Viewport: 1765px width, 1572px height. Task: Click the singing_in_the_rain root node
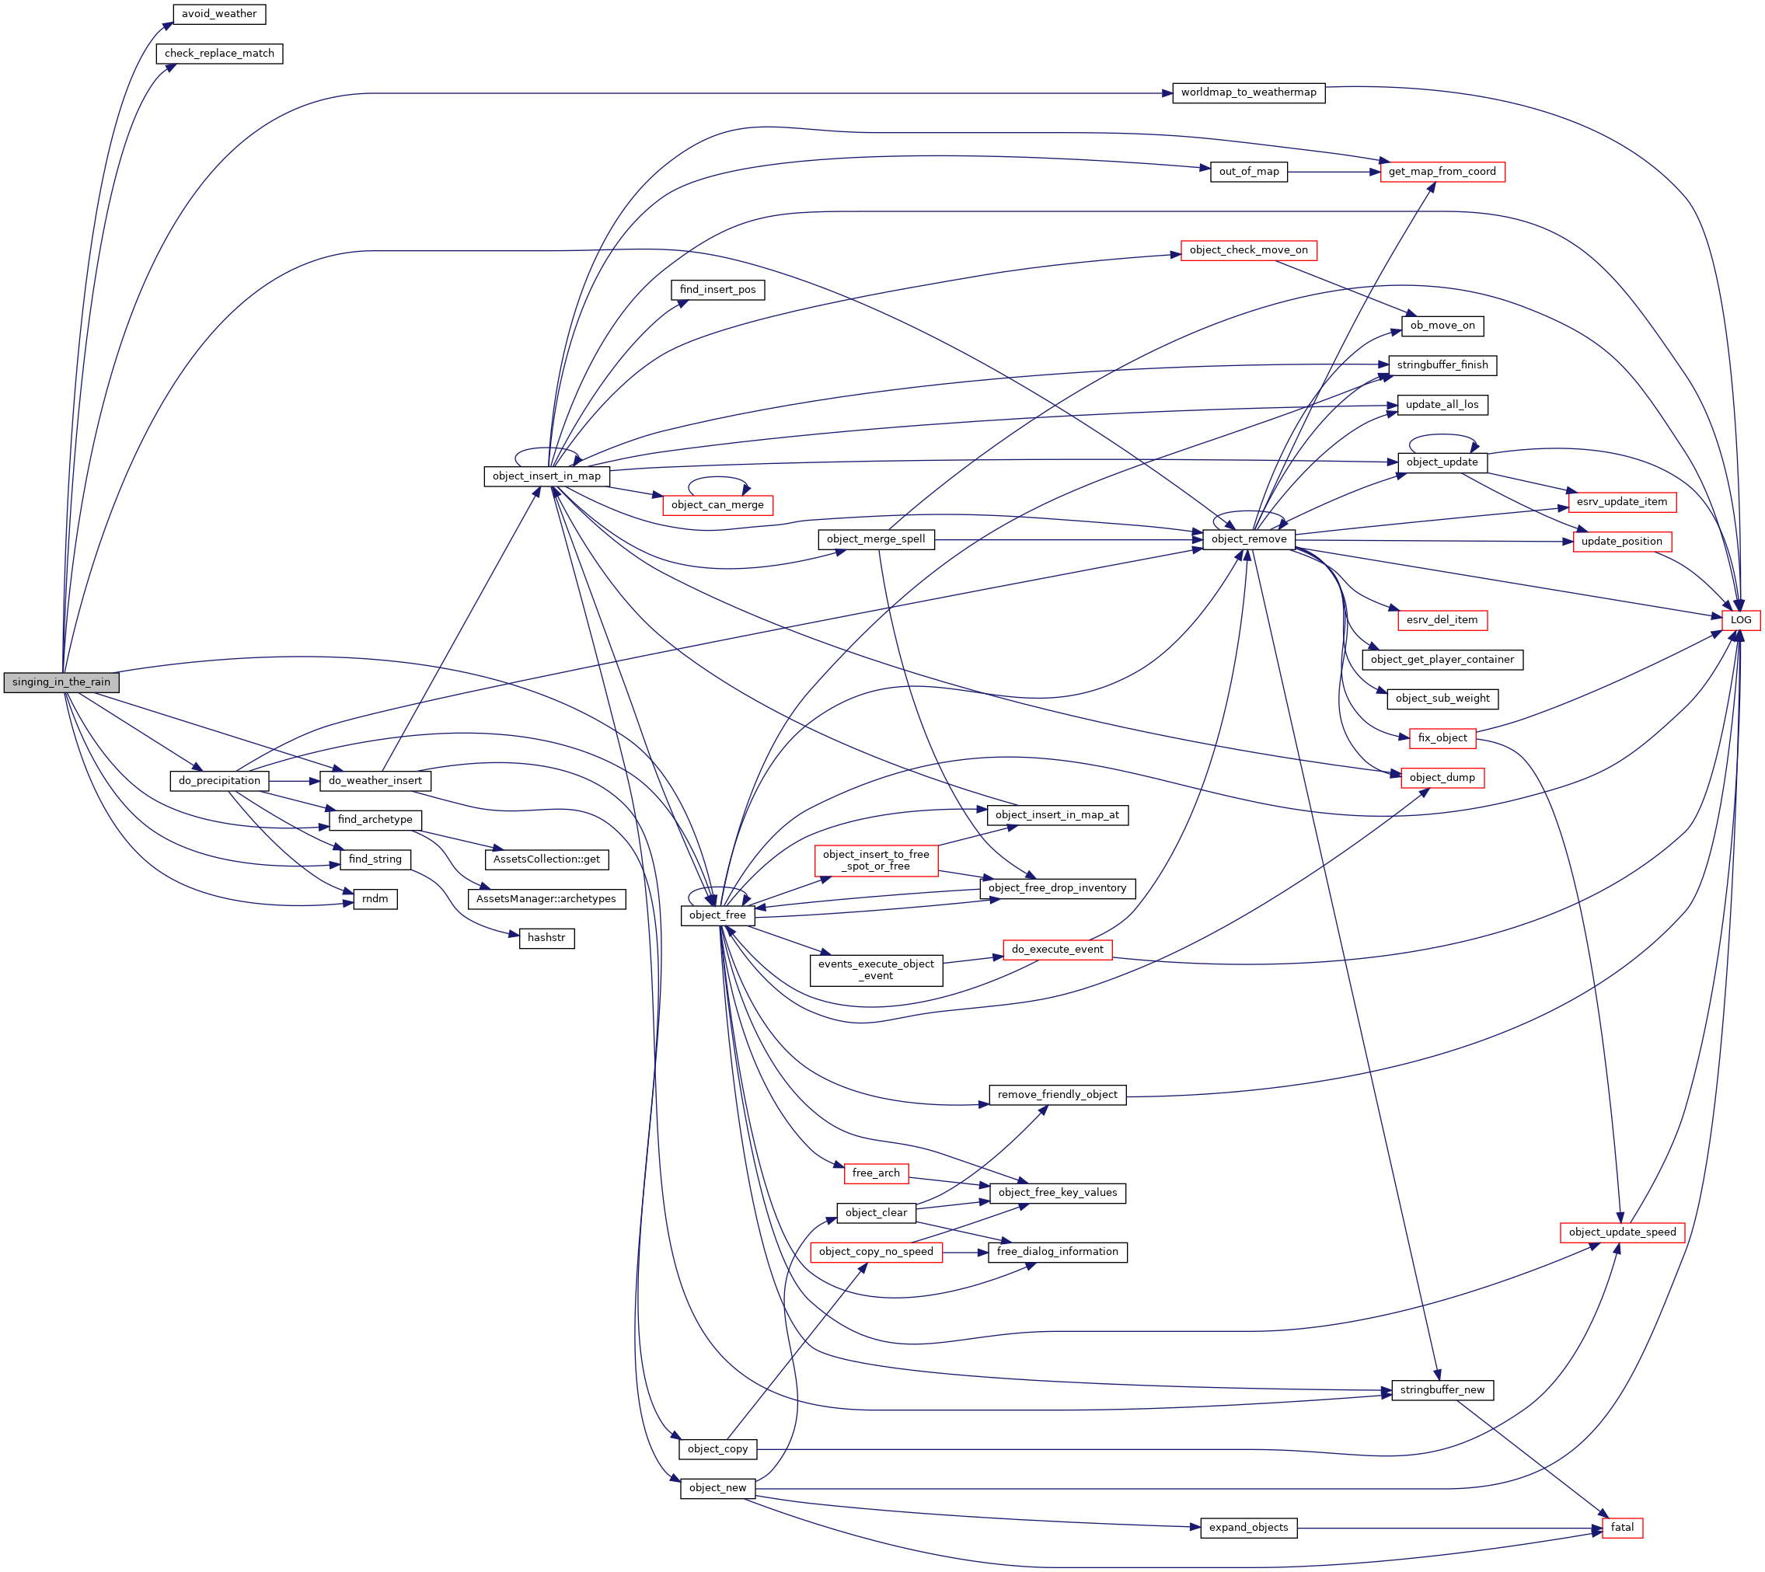click(61, 681)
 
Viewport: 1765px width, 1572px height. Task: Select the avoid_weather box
click(218, 14)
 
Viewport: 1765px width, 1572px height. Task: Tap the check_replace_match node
click(219, 54)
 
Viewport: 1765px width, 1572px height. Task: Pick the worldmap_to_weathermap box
click(1247, 92)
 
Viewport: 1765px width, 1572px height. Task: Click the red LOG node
click(1740, 619)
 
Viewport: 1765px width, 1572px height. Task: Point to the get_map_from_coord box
click(1442, 172)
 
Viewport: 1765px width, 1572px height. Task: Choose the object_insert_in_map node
click(546, 476)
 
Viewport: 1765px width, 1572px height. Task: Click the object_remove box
click(1248, 539)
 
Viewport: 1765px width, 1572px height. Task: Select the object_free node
click(717, 915)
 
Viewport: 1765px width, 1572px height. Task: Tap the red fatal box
click(1621, 1527)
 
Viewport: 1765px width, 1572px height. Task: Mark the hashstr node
click(546, 937)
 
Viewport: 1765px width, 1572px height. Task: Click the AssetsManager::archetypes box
click(546, 898)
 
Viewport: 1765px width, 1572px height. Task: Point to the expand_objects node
click(1247, 1527)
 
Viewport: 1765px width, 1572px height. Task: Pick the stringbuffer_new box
click(1442, 1389)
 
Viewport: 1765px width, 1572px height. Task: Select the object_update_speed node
click(1621, 1232)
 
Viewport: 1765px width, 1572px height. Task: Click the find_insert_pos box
click(717, 289)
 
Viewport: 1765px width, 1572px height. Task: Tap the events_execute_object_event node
click(876, 969)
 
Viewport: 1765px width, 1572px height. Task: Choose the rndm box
click(375, 898)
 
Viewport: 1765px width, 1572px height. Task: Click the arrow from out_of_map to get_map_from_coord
click(1331, 172)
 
